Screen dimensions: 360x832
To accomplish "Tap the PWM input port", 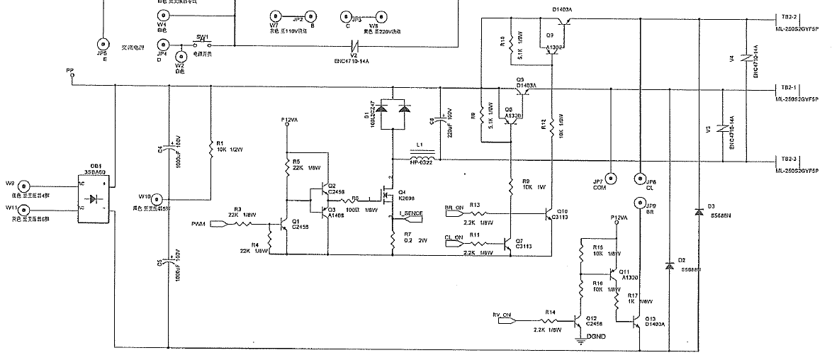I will pyautogui.click(x=221, y=225).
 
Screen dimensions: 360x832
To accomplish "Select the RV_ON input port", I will pyautogui.click(x=505, y=321).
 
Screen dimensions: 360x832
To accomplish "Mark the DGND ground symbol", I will pyautogui.click(x=579, y=339).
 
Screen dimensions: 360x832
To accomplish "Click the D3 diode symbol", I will pyautogui.click(x=699, y=211).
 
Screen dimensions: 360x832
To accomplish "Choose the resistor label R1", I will pyautogui.click(x=220, y=143).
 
